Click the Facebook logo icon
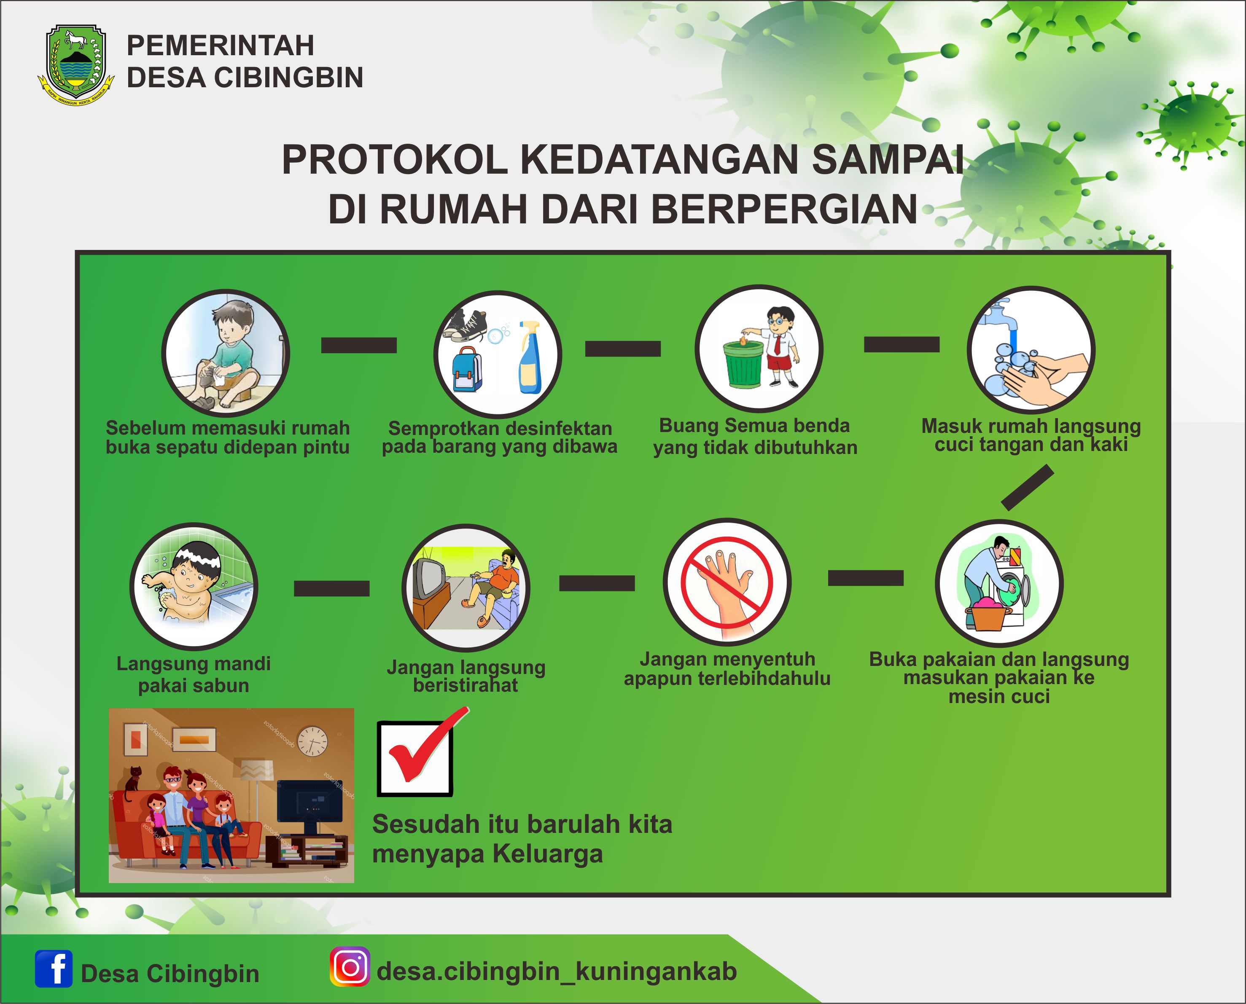(54, 968)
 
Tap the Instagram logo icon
(350, 966)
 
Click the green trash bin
(743, 364)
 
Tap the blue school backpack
(467, 370)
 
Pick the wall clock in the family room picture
(312, 741)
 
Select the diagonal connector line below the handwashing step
(1027, 488)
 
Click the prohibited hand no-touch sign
(727, 582)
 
